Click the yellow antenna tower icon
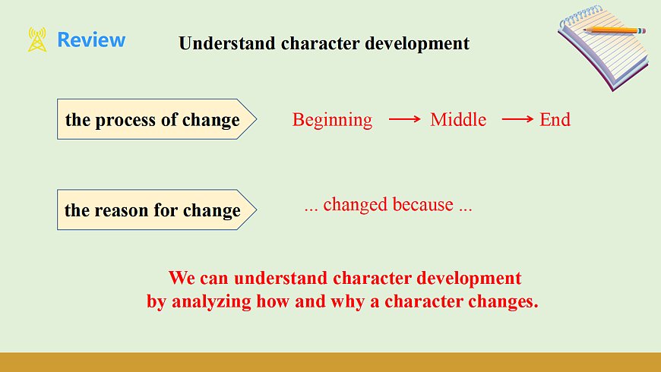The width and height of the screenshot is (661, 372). coord(37,39)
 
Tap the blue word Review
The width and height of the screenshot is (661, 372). coord(91,40)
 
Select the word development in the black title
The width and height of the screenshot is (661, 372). coord(417,44)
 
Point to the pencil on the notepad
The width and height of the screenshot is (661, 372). coord(614,30)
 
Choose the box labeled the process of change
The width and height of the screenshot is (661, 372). coord(157,119)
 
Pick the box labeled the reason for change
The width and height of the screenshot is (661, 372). coord(157,210)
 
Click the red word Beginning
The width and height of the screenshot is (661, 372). coord(332,120)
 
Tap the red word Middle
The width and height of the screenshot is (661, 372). coord(458,120)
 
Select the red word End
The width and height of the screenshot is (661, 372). coord(555,120)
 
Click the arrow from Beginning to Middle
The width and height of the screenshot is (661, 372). coord(405,120)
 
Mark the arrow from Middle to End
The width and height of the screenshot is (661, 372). coord(517,120)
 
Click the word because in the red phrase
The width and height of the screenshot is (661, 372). coord(423,205)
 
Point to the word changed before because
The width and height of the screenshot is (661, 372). coord(356,206)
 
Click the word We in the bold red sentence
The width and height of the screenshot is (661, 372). coord(181,278)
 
